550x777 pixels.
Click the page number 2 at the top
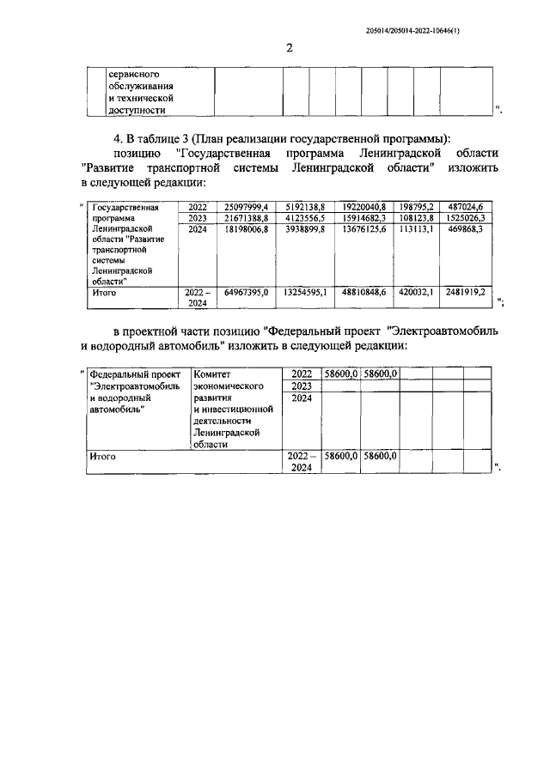coord(289,48)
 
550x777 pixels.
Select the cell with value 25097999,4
coord(247,207)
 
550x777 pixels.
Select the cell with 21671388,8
coord(247,219)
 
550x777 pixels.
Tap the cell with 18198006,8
coord(247,230)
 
